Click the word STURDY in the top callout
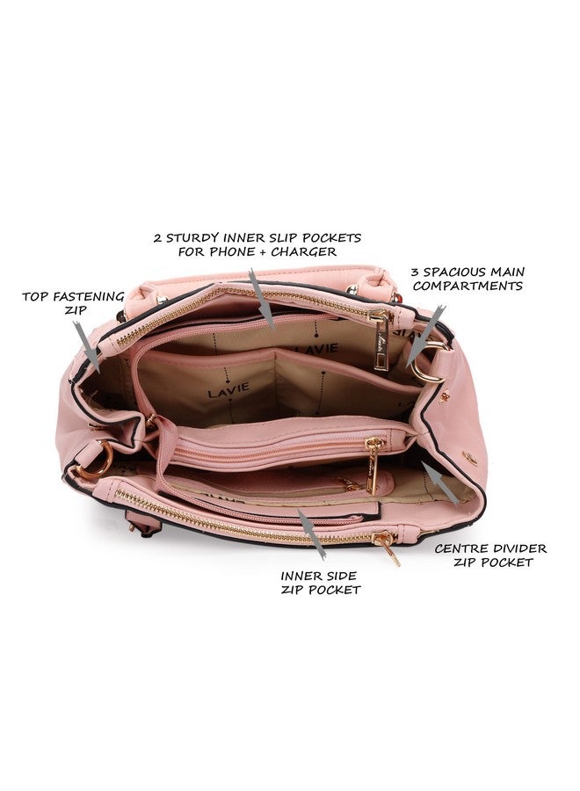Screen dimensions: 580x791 tap(192, 237)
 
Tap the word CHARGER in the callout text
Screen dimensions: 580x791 tap(303, 251)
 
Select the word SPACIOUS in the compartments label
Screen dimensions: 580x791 tap(447, 272)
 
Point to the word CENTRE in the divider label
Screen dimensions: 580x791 tap(460, 548)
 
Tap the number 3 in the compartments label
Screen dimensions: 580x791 tap(415, 272)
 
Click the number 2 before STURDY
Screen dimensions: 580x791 tap(158, 237)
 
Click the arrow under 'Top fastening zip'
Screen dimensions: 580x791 tap(86, 346)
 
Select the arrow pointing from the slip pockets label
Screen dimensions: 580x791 tap(261, 299)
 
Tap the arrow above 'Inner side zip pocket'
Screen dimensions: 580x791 tap(310, 533)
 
